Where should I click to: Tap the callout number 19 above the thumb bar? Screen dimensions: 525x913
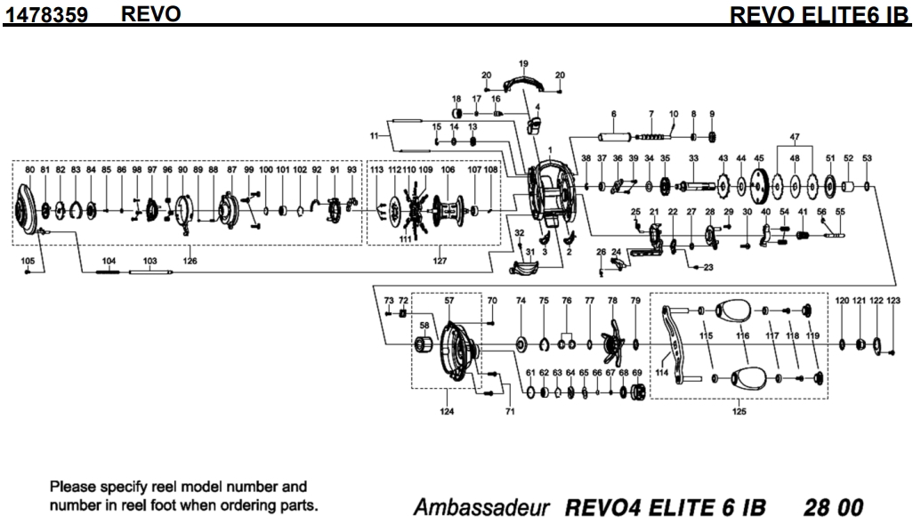(x=523, y=63)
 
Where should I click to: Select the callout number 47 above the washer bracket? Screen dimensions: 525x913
(x=795, y=137)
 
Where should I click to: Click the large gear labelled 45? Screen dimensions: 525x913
(x=758, y=186)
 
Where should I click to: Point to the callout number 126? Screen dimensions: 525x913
(x=190, y=262)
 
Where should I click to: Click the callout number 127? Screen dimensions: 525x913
(x=440, y=262)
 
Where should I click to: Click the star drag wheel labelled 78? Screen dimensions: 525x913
(x=613, y=343)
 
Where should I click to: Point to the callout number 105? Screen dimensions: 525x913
(x=28, y=261)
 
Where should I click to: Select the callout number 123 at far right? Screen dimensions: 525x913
(x=893, y=302)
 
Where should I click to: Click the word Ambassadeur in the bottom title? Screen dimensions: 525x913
(x=481, y=508)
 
